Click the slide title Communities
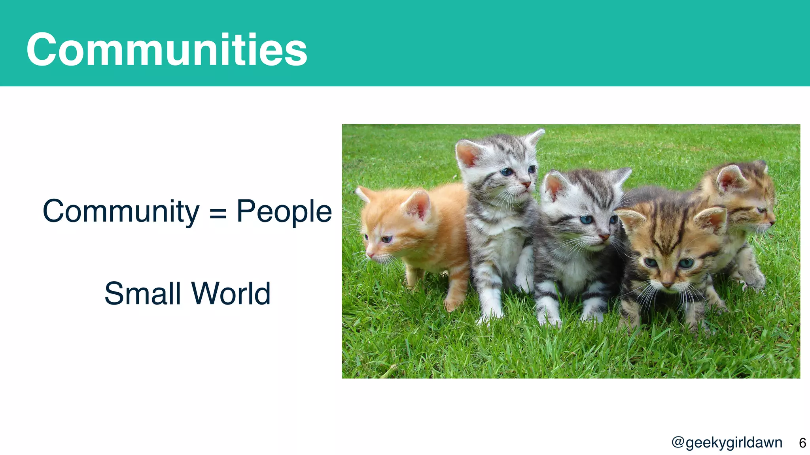click(167, 50)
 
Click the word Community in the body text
click(121, 212)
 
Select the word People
click(284, 212)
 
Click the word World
click(231, 293)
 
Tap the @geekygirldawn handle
click(727, 443)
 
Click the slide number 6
click(802, 443)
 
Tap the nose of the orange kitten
click(370, 255)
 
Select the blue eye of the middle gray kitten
click(586, 220)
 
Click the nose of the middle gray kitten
click(604, 237)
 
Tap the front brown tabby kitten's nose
click(667, 284)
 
